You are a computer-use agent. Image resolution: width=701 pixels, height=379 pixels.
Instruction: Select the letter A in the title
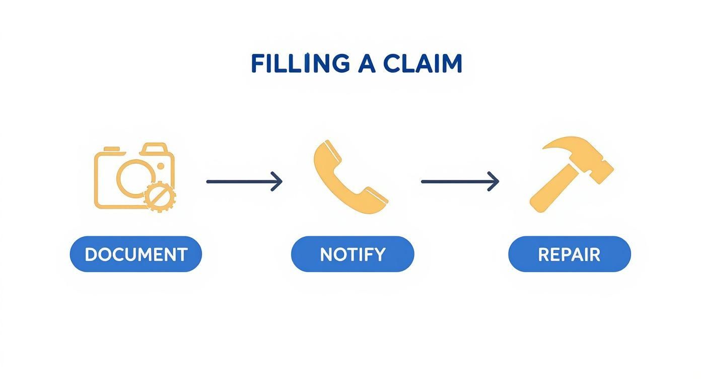(367, 64)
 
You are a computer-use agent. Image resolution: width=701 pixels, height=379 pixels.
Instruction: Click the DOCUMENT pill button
(135, 254)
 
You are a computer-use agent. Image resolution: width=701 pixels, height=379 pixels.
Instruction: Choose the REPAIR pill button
(569, 254)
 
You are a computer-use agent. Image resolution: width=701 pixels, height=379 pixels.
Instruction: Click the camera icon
(134, 176)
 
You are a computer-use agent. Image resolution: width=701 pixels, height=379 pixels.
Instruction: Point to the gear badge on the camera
(160, 196)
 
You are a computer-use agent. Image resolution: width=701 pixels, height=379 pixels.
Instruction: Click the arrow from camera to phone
(244, 181)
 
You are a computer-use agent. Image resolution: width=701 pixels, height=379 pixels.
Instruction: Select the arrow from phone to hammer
(459, 181)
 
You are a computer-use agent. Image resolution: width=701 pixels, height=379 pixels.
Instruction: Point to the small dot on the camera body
(161, 166)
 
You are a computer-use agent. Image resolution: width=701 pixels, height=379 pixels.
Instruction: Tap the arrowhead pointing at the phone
(276, 181)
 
